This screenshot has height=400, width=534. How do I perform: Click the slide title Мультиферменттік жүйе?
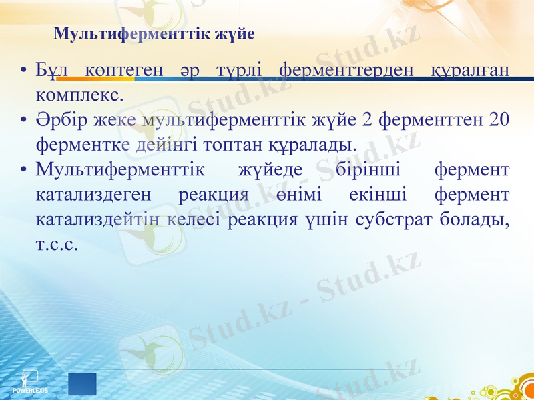click(154, 34)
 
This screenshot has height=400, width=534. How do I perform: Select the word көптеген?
click(125, 70)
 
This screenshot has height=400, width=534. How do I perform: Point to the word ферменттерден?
click(345, 70)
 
